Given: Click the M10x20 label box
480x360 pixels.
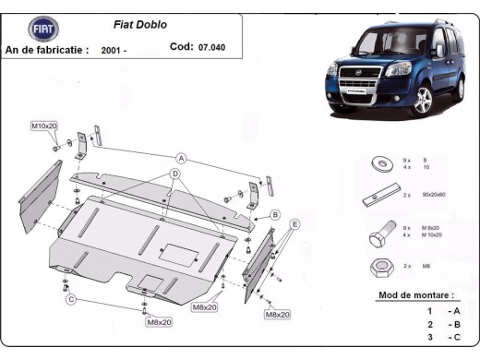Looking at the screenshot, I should (44, 125).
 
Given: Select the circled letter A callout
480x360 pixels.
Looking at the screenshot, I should (182, 158).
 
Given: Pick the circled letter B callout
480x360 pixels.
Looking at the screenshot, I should (274, 215).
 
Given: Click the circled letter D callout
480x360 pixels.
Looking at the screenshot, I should (174, 174).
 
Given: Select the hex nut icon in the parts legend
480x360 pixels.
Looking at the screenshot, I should (378, 268).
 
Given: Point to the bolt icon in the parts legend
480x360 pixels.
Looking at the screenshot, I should (379, 236).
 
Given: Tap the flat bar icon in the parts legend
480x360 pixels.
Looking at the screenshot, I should (379, 197).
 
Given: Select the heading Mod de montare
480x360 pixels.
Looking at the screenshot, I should (415, 295).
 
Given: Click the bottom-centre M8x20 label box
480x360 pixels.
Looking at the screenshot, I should (159, 322).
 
